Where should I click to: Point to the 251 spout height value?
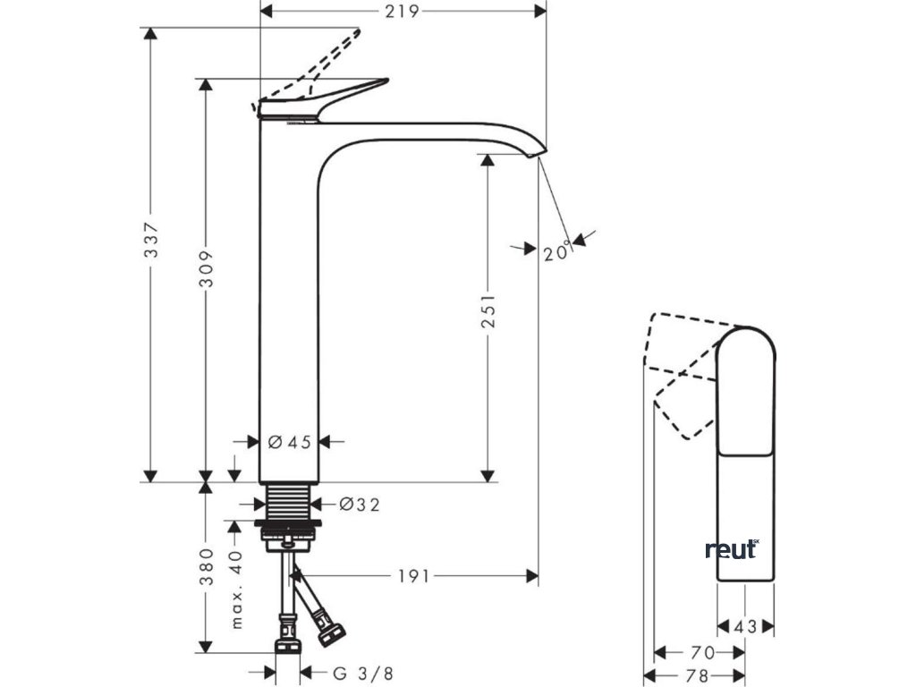point(488,310)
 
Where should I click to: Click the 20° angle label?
point(556,253)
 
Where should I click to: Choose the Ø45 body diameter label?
point(289,441)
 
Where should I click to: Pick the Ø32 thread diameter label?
point(360,505)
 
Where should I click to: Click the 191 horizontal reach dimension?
point(413,576)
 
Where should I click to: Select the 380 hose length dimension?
point(207,566)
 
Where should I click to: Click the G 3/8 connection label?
point(363,673)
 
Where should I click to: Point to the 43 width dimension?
point(745,627)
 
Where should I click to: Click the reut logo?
point(732,549)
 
